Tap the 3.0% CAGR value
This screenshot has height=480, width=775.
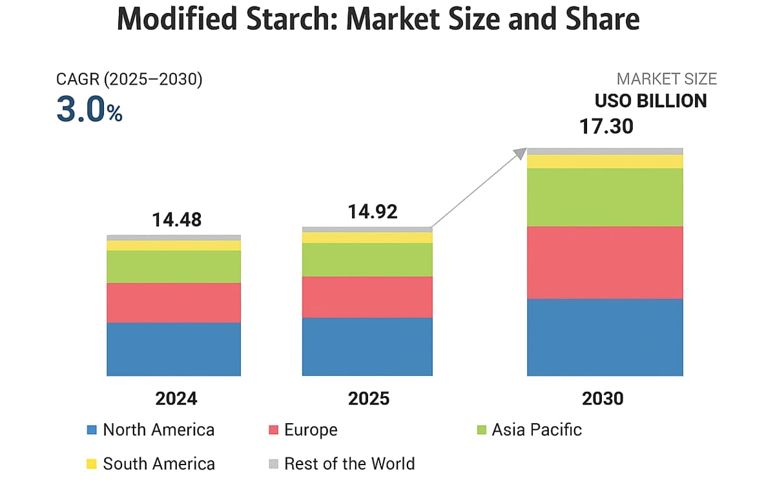tap(89, 110)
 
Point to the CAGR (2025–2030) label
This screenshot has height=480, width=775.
tap(129, 79)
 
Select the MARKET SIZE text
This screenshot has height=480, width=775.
tap(666, 79)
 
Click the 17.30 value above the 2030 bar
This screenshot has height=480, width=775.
tap(606, 125)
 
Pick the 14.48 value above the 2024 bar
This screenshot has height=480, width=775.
tap(176, 220)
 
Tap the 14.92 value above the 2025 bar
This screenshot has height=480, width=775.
tap(373, 211)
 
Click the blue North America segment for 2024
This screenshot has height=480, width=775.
tap(174, 349)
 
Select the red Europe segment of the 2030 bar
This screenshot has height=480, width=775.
tap(605, 262)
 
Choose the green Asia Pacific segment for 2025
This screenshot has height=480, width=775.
tap(367, 260)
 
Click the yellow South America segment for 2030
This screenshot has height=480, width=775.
tap(605, 162)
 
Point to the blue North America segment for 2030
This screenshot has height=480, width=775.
tap(605, 337)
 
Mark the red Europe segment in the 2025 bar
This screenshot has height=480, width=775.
tap(367, 297)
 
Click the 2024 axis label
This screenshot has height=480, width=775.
tap(176, 399)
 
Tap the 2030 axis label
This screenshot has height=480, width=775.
tap(603, 399)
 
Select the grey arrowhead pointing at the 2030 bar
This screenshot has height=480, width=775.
tap(521, 153)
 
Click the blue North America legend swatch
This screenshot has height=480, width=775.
tap(91, 430)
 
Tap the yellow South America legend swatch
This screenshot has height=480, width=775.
tap(91, 463)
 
